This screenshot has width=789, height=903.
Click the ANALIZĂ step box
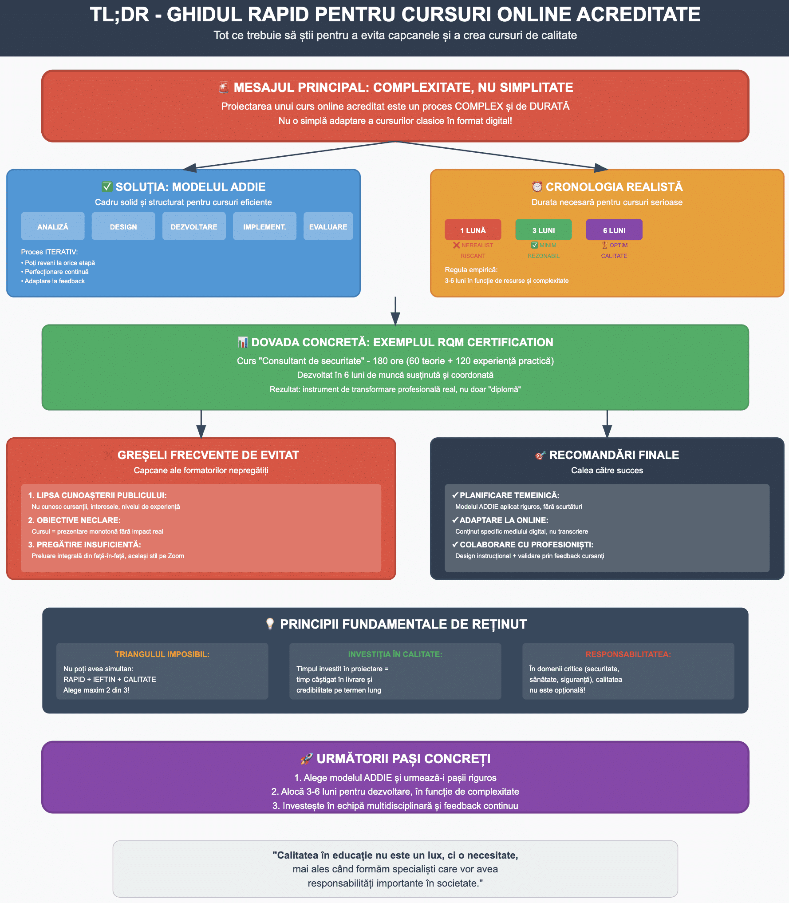pos(53,226)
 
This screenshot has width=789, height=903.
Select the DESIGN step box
pos(123,226)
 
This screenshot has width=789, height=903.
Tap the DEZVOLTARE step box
pos(194,226)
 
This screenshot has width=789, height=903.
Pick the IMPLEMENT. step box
pos(264,226)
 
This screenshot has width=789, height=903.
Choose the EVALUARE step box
pos(328,226)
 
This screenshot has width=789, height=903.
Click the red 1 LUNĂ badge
pos(473,230)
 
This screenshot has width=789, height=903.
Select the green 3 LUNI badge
pos(543,230)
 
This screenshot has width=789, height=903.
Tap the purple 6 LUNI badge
pos(614,230)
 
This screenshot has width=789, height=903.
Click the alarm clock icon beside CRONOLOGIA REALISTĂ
pos(537,186)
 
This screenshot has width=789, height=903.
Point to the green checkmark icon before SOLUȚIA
pos(107,186)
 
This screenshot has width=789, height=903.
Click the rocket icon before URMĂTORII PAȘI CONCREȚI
pos(306,759)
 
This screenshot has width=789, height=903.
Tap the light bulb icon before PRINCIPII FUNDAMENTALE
pos(270,624)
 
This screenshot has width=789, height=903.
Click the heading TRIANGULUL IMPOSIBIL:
pos(162,654)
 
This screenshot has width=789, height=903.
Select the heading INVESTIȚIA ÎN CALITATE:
pos(395,654)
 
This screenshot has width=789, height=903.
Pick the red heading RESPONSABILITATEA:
pos(628,654)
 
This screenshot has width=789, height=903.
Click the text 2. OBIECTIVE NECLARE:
pos(74,520)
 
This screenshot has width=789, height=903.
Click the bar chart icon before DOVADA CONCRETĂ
pos(243,342)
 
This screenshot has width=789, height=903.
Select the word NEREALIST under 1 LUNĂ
pos(477,245)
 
